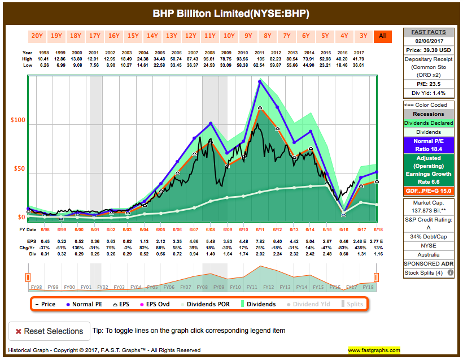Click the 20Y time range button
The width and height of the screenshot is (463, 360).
37,36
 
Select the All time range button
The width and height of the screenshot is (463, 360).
382,36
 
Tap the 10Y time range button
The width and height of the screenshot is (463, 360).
229,36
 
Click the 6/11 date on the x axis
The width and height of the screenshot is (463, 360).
261,229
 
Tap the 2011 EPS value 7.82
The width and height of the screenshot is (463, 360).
260,241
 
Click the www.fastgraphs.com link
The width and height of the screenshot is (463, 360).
374,350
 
